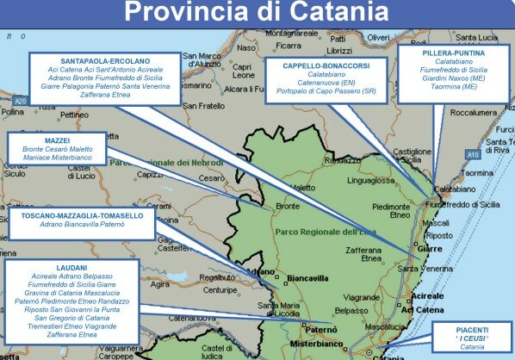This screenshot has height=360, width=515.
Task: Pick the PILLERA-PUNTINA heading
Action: pyautogui.click(x=454, y=53)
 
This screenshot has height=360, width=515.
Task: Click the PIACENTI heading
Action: pyautogui.click(x=473, y=329)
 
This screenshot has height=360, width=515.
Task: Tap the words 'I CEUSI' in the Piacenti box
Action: pyautogui.click(x=474, y=338)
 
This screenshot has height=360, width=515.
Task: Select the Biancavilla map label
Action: pyautogui.click(x=311, y=279)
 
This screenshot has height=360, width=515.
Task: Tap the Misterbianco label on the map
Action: pyautogui.click(x=315, y=343)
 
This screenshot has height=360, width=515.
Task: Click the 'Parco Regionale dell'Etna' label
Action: pyautogui.click(x=315, y=233)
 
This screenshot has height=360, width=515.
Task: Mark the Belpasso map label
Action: pyautogui.click(x=352, y=309)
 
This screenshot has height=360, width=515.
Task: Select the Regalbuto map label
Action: pyautogui.click(x=217, y=277)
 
